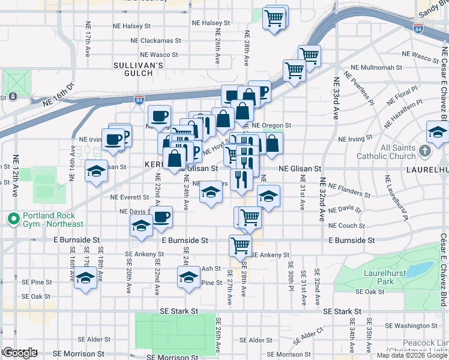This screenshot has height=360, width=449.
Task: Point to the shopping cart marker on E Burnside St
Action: tap(240, 244)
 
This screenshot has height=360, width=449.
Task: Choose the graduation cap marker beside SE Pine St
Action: tap(189, 277)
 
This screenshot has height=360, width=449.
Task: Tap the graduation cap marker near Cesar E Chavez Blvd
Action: tap(438, 131)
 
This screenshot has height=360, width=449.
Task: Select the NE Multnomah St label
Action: tap(375, 68)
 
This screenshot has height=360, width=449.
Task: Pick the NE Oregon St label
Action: tap(271, 126)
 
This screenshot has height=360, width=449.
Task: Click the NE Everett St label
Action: tap(129, 197)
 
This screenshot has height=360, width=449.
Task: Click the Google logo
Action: tap(19, 353)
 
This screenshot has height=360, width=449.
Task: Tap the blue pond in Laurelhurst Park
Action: tap(420, 268)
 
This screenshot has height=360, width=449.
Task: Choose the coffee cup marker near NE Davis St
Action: tap(161, 216)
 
